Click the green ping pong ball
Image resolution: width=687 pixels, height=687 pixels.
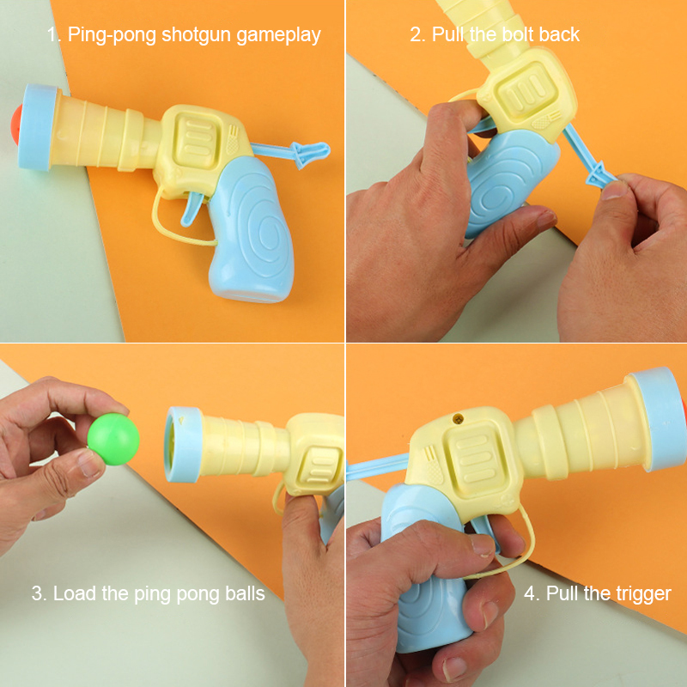tap(113, 439)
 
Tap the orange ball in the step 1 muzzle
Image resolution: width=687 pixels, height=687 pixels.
tap(16, 124)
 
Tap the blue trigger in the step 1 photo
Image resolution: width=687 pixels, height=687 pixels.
tap(192, 208)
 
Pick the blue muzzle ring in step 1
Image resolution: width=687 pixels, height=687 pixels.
tap(39, 127)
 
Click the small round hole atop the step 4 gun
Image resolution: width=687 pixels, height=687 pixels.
tap(459, 418)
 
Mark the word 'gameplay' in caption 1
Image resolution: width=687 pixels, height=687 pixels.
tap(278, 35)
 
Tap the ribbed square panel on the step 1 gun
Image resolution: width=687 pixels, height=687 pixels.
tap(197, 141)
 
